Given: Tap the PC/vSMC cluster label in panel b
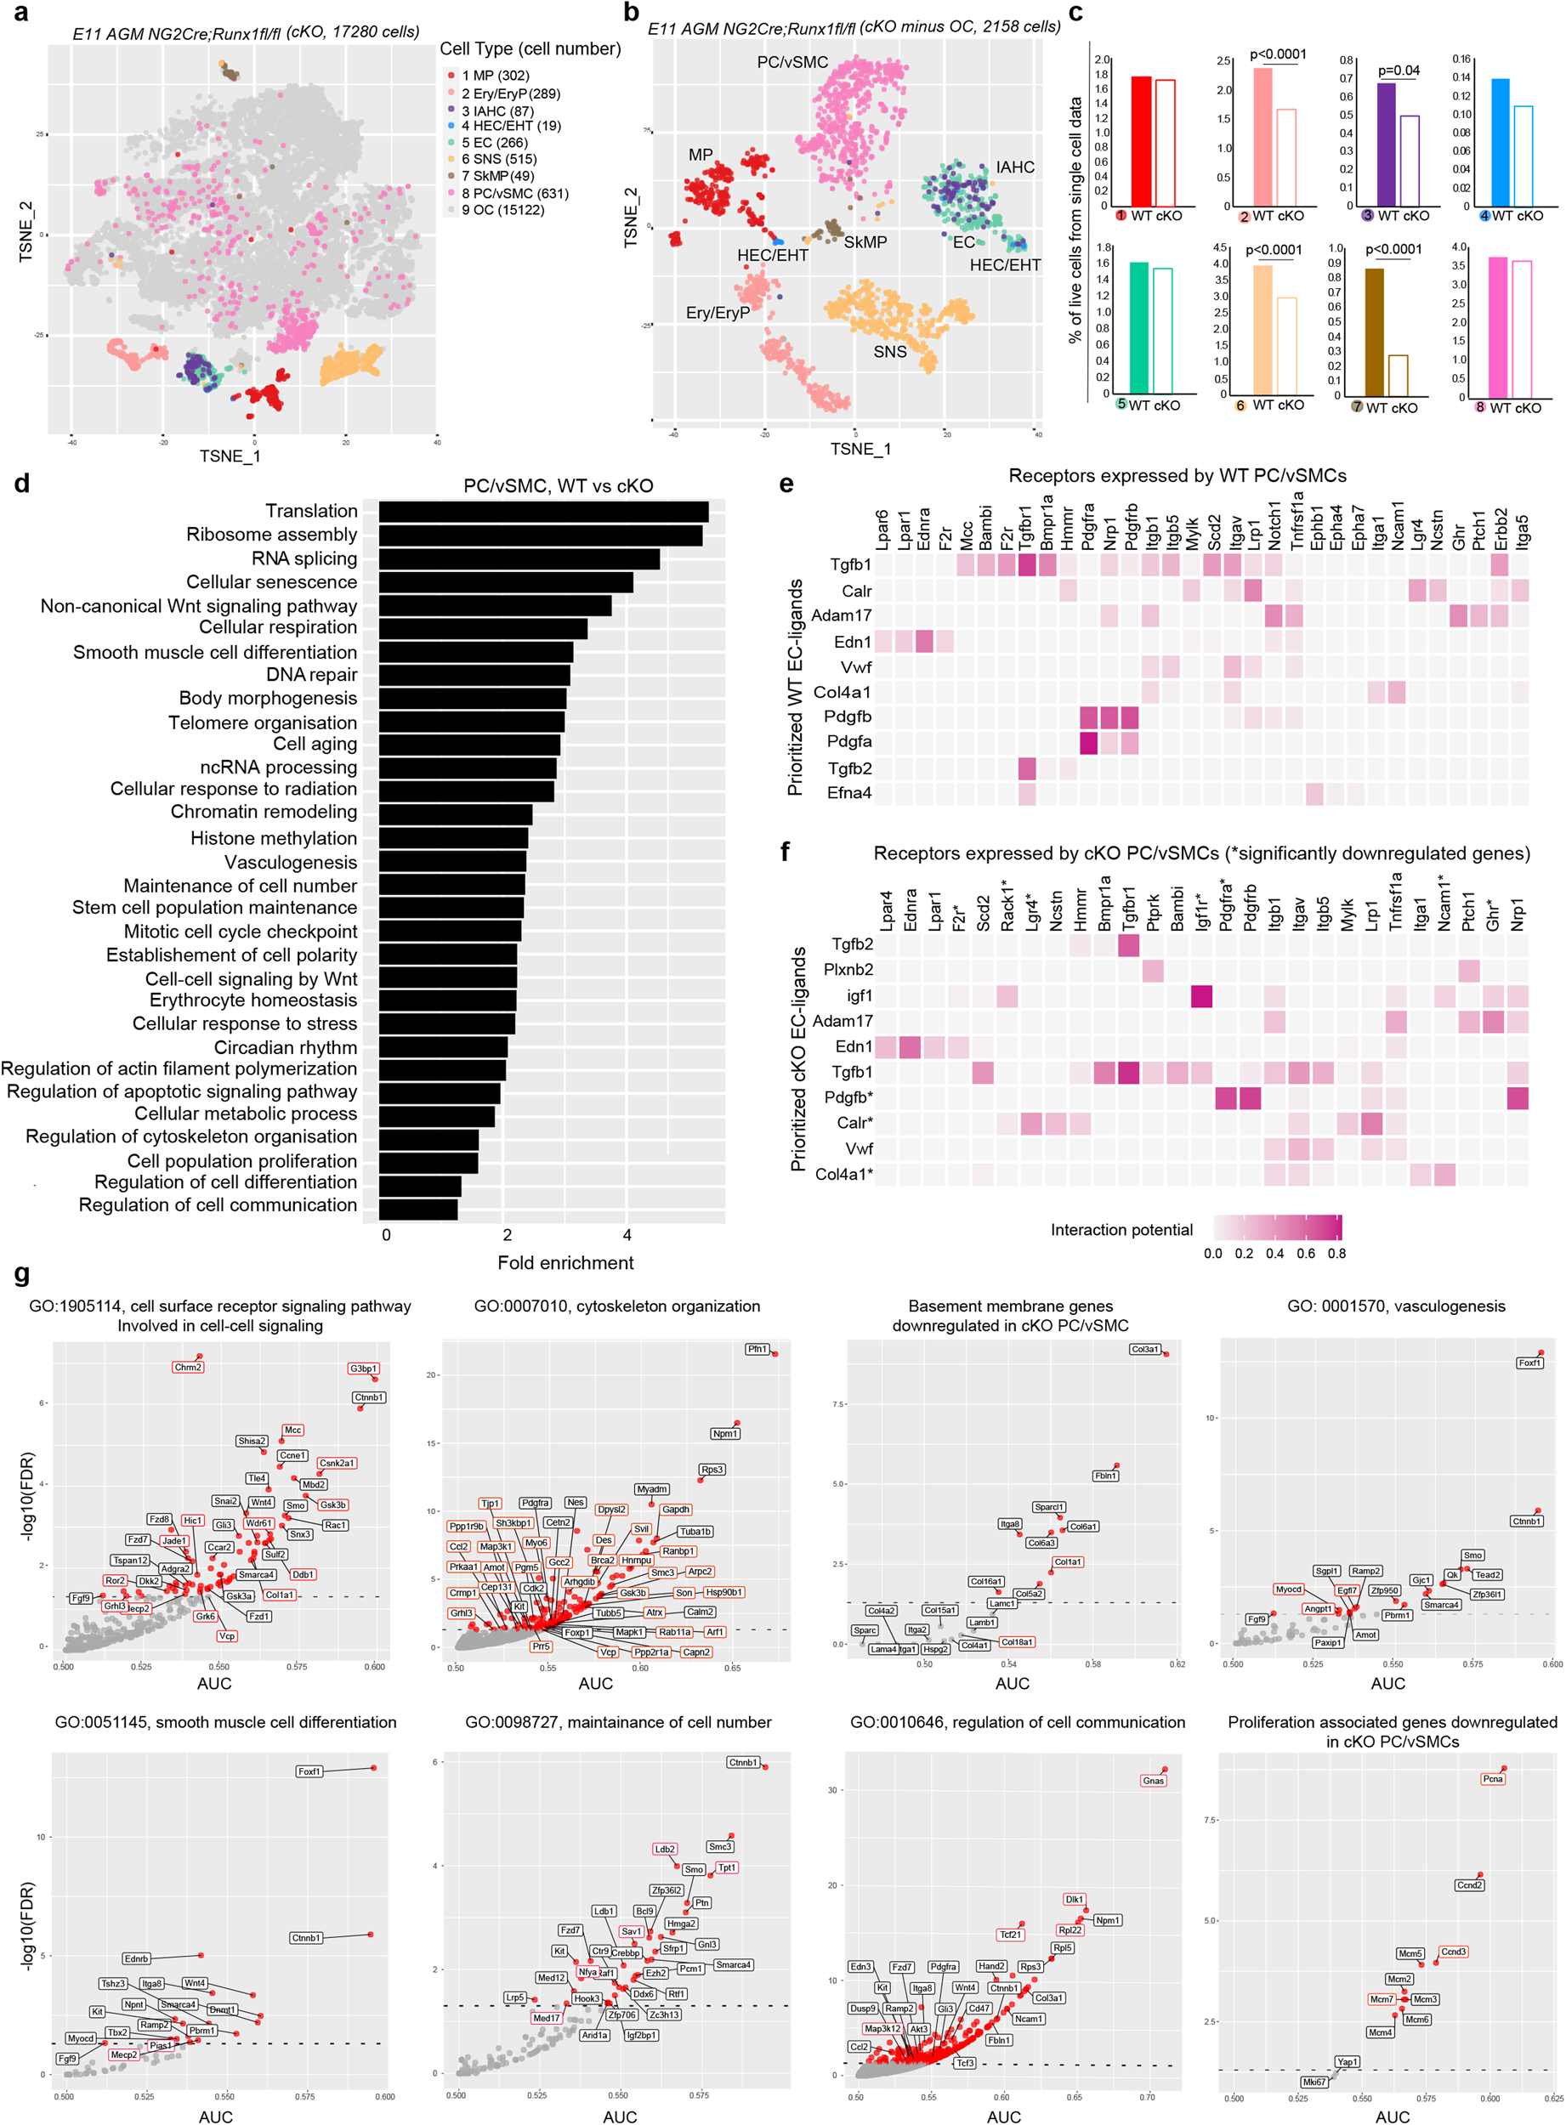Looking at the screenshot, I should (x=792, y=63).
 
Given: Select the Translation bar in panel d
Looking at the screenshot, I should (x=543, y=512).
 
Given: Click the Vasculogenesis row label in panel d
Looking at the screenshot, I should (x=290, y=863).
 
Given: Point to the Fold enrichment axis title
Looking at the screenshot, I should (x=565, y=1262).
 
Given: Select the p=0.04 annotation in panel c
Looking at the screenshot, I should (x=1399, y=71).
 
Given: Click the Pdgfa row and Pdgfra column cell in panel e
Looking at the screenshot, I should (x=1087, y=742).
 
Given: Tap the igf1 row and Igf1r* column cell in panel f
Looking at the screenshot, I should (x=1200, y=996).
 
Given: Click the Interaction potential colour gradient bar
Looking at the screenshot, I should (x=1277, y=1228).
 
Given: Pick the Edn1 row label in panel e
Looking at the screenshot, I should (x=852, y=642).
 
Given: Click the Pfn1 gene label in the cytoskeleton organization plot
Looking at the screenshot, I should (x=757, y=1349).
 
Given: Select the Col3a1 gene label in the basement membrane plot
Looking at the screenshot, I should (x=1144, y=1349).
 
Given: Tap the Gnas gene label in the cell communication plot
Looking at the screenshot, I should (x=1153, y=1781).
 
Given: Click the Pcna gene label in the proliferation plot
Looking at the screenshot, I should (x=1492, y=1779).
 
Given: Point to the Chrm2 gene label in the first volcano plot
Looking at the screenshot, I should (x=188, y=1367).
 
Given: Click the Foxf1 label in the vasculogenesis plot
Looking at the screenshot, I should (x=1529, y=1363).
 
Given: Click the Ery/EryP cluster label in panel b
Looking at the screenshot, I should (x=718, y=313).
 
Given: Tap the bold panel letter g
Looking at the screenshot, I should (x=22, y=1274).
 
